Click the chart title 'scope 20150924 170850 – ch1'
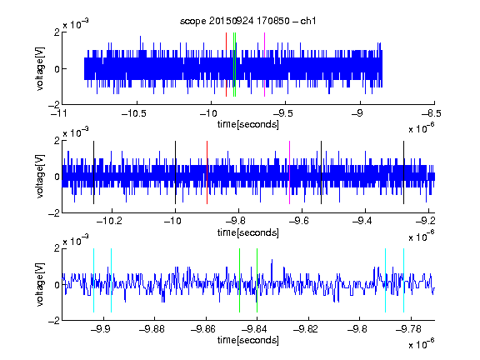tap(247, 21)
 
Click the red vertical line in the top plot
tap(226, 65)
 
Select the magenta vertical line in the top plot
tap(264, 65)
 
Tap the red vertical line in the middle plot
tap(207, 172)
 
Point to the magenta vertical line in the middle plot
tap(290, 172)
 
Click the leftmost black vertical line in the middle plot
tap(93, 172)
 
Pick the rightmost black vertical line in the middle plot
tap(403, 172)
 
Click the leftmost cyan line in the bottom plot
tap(93, 280)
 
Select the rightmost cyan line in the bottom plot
tap(403, 280)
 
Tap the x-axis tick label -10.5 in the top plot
tap(134, 113)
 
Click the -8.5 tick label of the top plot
tap(432, 113)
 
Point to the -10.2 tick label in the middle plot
tap(109, 221)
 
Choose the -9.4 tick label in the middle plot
tap(362, 221)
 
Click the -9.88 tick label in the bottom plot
tap(152, 329)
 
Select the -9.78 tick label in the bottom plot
tap(408, 329)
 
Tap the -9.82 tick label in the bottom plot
tap(306, 329)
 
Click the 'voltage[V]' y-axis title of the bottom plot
tap(40, 284)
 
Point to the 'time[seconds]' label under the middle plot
tap(248, 232)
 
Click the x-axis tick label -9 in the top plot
tap(357, 113)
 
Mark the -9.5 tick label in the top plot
tap(282, 113)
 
